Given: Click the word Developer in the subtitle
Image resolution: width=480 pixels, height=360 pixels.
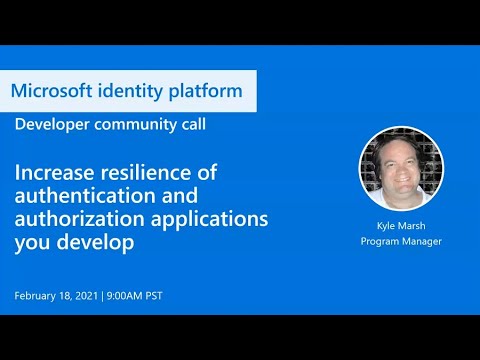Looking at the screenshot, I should [x=51, y=124].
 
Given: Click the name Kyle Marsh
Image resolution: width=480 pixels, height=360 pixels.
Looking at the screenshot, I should [x=400, y=228].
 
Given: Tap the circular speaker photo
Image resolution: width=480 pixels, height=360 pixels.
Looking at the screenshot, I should [x=400, y=168].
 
